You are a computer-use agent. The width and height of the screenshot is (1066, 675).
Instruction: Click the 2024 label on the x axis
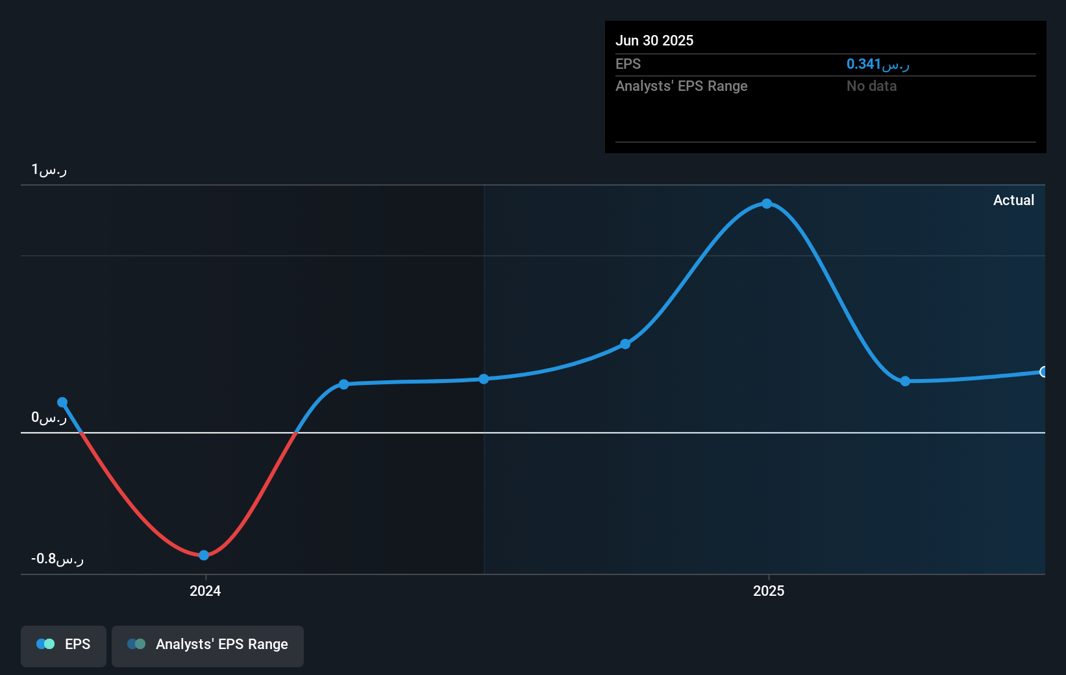[205, 591]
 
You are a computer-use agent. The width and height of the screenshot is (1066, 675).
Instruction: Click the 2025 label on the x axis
[769, 591]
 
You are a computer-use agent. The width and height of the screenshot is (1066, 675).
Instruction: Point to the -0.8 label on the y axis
[57, 559]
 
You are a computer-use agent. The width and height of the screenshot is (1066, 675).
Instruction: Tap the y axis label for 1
[49, 170]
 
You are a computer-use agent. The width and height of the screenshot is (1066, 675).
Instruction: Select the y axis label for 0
[49, 417]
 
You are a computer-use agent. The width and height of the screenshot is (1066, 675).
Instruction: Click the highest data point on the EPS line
[767, 204]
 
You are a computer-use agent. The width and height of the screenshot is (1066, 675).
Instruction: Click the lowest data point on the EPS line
[204, 555]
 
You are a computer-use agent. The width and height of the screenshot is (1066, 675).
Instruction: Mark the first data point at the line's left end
[62, 402]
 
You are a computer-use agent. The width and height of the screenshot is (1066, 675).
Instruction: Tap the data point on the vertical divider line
[484, 379]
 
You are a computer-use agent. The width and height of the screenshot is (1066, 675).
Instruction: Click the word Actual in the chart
[1013, 200]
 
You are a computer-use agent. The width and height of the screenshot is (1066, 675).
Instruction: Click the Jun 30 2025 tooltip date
[654, 40]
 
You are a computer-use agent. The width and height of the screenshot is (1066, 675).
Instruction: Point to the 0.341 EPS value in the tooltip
[877, 64]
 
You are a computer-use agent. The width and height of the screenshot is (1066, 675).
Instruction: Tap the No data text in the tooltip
[871, 86]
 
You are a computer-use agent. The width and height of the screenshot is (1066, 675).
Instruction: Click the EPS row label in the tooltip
[628, 64]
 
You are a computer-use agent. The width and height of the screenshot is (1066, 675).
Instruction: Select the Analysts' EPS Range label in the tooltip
[682, 86]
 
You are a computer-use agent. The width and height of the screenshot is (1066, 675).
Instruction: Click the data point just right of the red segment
[343, 384]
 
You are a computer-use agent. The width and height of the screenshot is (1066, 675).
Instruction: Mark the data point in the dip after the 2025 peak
[905, 381]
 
